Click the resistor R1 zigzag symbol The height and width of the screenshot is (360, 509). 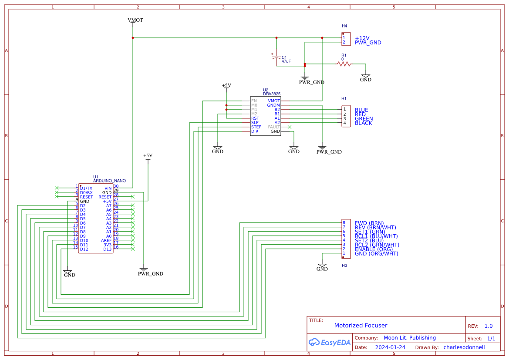(x=344, y=64)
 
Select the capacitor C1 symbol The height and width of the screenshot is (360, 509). (x=276, y=58)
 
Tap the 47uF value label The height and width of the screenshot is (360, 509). (x=286, y=62)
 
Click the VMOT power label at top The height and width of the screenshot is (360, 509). (x=135, y=20)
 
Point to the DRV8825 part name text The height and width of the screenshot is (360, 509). (x=272, y=94)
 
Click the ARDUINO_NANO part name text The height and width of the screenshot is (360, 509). (x=109, y=181)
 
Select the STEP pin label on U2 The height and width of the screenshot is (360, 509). (x=256, y=127)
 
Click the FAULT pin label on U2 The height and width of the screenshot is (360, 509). (x=274, y=127)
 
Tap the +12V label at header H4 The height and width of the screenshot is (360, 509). (x=362, y=38)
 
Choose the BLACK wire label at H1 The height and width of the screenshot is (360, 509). (x=363, y=123)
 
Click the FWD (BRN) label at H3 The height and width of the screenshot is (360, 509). (x=369, y=223)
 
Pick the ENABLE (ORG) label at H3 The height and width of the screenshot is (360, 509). (x=374, y=249)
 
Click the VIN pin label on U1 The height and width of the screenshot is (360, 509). (x=108, y=188)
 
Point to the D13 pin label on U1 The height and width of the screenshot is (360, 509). (x=107, y=249)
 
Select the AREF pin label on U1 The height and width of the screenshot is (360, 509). (x=106, y=240)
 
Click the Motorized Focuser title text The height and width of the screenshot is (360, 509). (x=361, y=326)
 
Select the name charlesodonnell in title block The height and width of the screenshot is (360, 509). (x=464, y=347)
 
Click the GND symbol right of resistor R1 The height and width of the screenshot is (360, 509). (x=366, y=77)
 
